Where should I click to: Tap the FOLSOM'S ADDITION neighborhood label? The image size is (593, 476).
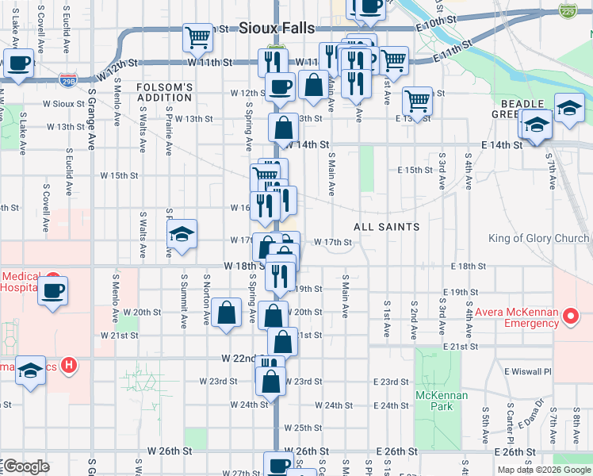(x=164, y=92)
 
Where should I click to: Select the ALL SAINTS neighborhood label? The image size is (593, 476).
(x=386, y=227)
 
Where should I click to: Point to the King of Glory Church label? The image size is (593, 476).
(x=538, y=238)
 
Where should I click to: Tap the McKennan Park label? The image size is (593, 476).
(x=441, y=401)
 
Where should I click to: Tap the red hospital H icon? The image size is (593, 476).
(x=70, y=366)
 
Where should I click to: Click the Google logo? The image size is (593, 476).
(x=25, y=466)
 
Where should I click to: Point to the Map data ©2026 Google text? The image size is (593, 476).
(x=543, y=470)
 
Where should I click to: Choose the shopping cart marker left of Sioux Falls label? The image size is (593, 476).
(x=197, y=36)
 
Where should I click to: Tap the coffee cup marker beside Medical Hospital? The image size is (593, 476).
(x=53, y=290)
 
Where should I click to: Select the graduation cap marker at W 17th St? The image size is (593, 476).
(x=182, y=233)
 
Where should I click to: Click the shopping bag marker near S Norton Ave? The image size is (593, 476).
(x=227, y=312)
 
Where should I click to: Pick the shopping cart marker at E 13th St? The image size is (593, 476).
(x=417, y=101)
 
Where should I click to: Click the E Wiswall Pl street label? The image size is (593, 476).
(x=527, y=370)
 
